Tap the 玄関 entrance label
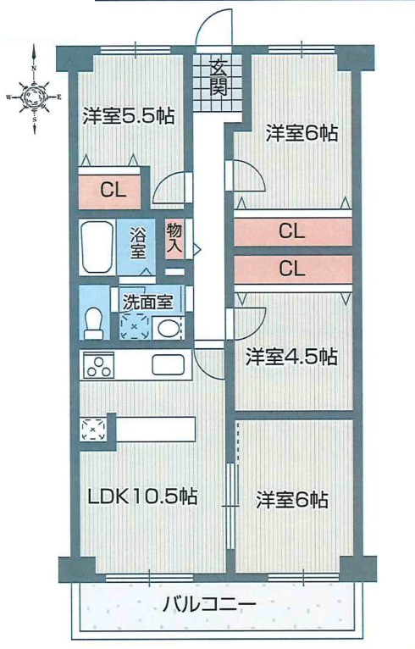[218, 78]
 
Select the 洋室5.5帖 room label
[129, 116]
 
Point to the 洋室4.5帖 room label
[291, 357]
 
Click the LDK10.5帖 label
[143, 496]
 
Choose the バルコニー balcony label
[209, 605]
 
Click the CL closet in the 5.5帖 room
[109, 191]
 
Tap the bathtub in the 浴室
[97, 247]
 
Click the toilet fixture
[94, 324]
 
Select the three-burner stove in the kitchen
[99, 365]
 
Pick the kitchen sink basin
[168, 364]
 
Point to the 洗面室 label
[147, 302]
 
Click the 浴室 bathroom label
[138, 243]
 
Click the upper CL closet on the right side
[293, 230]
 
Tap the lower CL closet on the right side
[293, 269]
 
